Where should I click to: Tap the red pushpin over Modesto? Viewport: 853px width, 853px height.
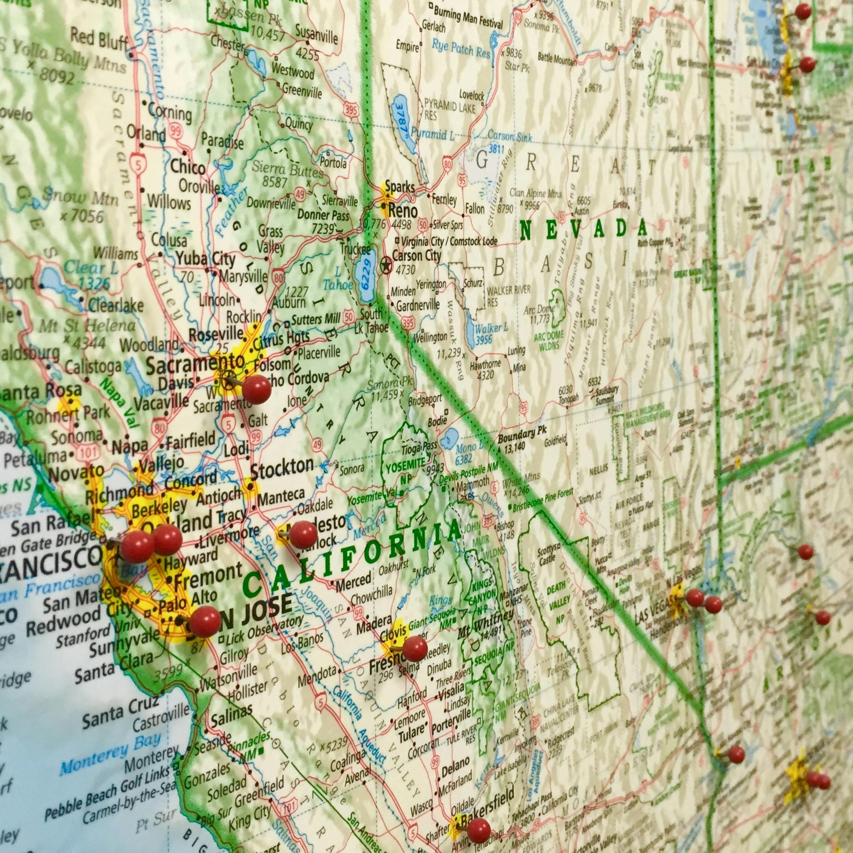point(303,534)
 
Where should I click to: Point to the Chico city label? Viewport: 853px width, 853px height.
point(188,167)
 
